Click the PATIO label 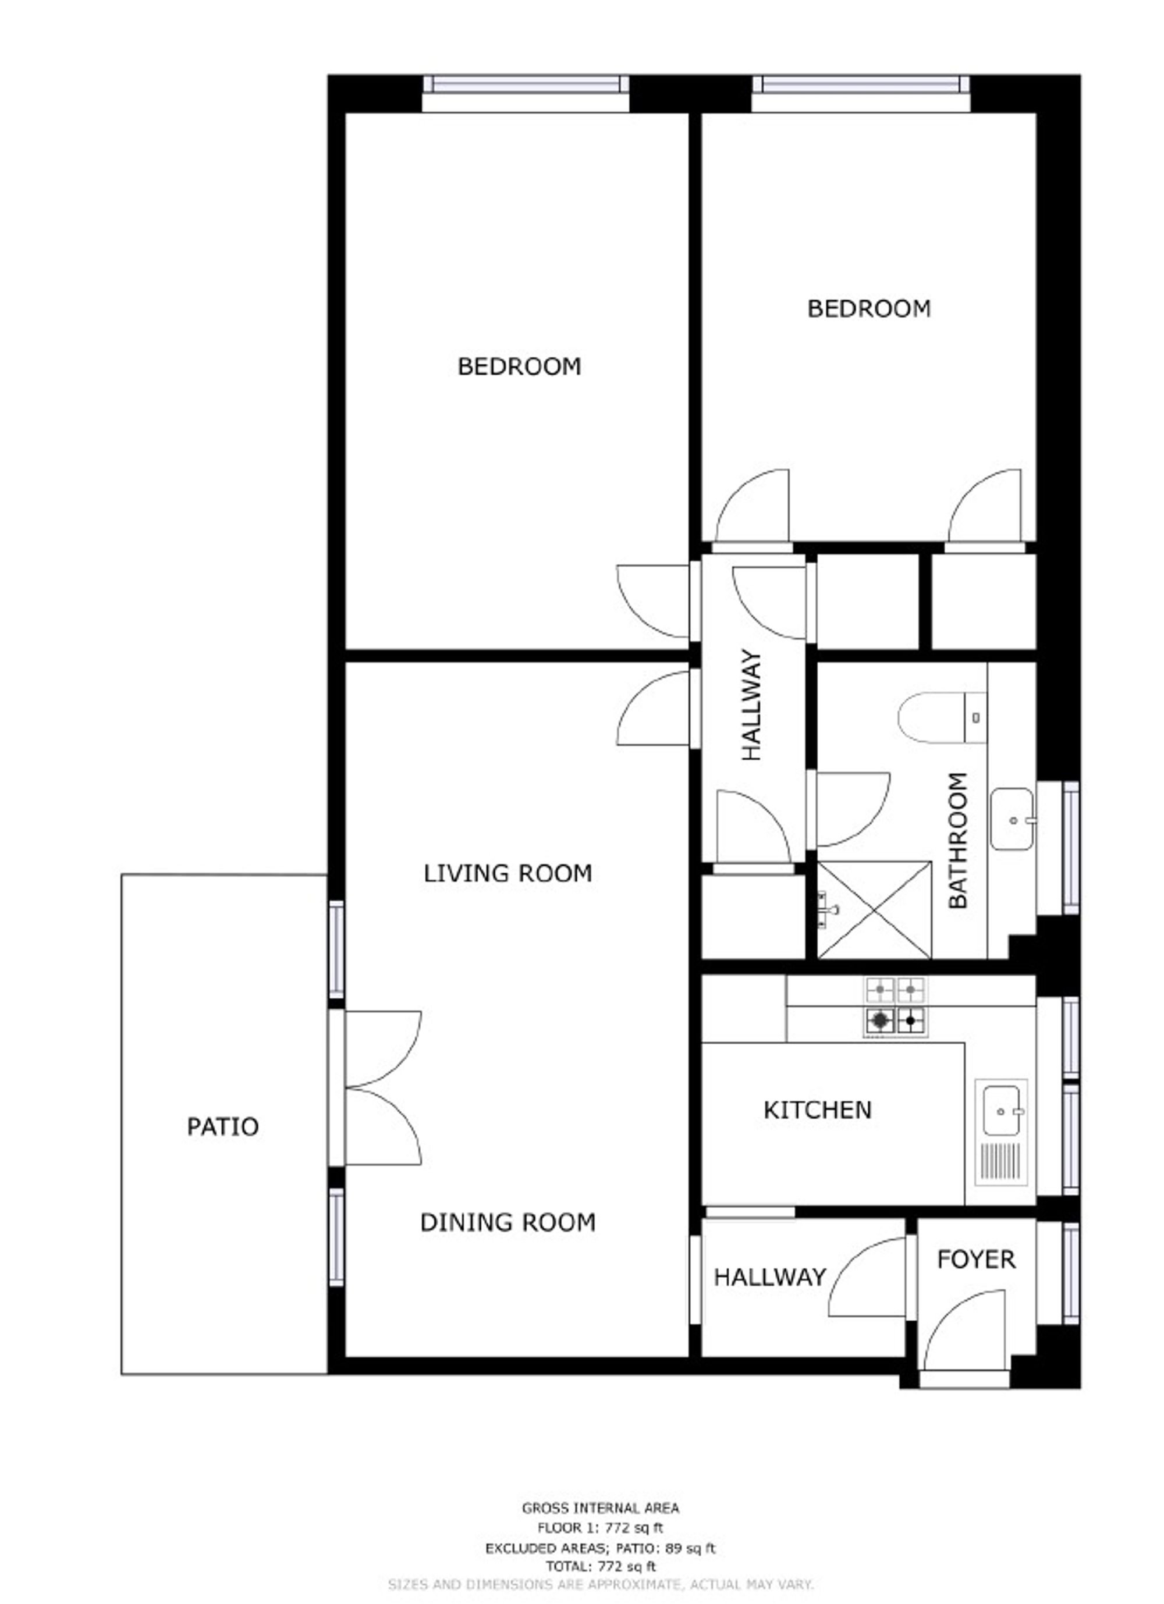(223, 1126)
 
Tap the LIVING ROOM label (508, 873)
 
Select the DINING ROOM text (508, 1223)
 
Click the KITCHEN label (817, 1111)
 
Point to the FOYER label (976, 1260)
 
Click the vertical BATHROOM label (957, 840)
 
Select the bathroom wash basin (1013, 819)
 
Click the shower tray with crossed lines (875, 910)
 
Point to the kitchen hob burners (896, 1007)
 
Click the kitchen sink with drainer (1001, 1132)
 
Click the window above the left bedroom (526, 86)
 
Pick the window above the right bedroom (860, 86)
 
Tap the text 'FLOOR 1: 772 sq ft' (600, 1528)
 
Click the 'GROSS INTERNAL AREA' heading (600, 1508)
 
